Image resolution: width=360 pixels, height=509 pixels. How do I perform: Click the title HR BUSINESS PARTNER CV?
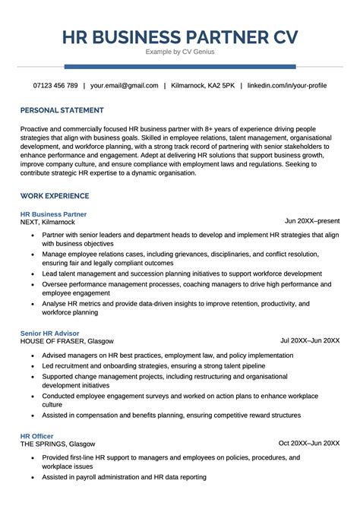179,36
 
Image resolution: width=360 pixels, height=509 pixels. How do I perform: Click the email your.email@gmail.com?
125,85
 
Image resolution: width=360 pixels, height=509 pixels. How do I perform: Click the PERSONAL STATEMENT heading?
63,110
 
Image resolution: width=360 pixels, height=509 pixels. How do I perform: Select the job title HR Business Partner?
54,214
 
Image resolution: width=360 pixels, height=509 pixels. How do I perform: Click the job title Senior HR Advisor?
49,334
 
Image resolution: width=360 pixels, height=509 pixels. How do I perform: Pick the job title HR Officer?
37,436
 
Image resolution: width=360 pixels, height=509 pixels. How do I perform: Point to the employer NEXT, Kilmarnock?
48,223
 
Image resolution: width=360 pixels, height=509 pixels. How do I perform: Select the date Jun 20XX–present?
312,221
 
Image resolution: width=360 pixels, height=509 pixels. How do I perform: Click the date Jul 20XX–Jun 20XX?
310,340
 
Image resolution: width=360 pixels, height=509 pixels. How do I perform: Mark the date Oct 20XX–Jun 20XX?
309,443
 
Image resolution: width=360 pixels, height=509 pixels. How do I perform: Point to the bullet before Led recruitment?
33,365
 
